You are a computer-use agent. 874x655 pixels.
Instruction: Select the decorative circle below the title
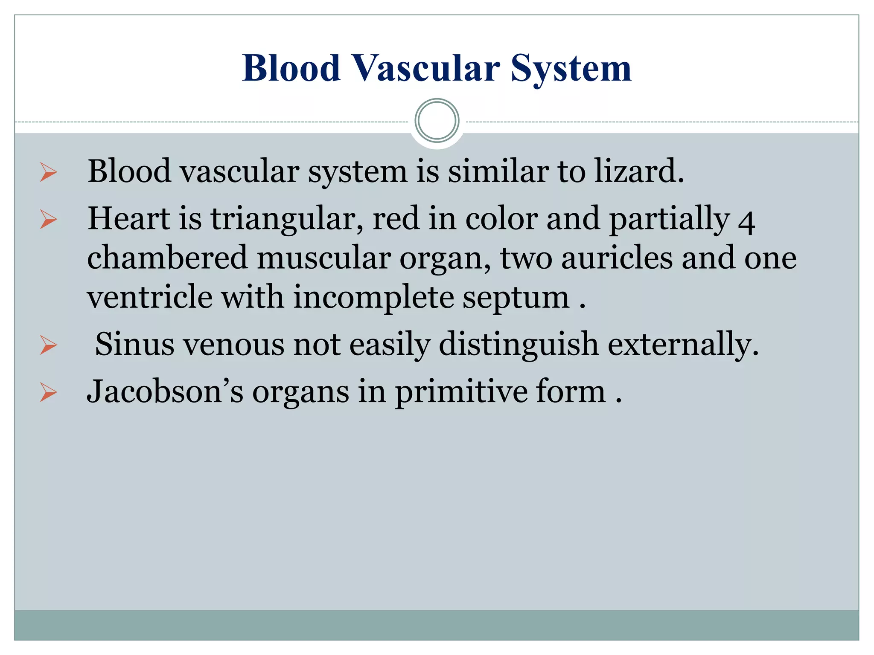[437, 121]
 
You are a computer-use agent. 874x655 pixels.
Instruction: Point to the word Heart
[129, 218]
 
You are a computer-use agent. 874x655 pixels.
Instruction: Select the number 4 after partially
[746, 222]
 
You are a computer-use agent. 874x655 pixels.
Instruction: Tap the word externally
[683, 344]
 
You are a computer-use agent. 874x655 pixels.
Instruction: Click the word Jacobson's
[165, 391]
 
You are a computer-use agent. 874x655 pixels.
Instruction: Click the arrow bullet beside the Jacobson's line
[48, 392]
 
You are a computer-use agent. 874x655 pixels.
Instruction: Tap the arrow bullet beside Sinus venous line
[48, 345]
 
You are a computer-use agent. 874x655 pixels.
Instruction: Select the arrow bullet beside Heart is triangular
[48, 220]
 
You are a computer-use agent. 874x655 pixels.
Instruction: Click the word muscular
[323, 258]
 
